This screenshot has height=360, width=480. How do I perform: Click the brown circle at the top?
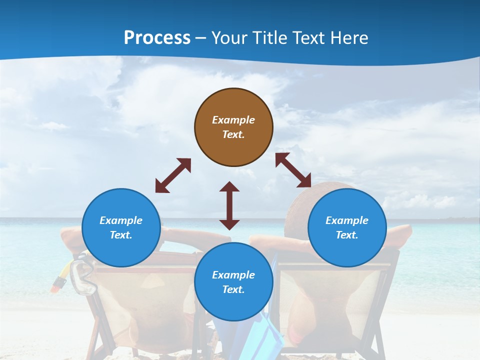233,127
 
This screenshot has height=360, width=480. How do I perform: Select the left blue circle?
121,227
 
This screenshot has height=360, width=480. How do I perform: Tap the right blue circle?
347,227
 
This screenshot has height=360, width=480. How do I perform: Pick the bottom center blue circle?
233,282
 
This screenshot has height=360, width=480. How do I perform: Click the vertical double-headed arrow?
229,205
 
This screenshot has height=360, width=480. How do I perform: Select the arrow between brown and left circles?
173,175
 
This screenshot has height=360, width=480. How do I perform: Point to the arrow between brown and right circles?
293,170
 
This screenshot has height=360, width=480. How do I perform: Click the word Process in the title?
157,37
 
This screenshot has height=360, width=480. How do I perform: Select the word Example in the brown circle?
233,120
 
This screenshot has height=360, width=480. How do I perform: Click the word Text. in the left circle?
121,235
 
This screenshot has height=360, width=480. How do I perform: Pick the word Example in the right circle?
347,220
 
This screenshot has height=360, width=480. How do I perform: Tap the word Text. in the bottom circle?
233,289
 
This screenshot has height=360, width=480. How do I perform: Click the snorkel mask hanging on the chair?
83,277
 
